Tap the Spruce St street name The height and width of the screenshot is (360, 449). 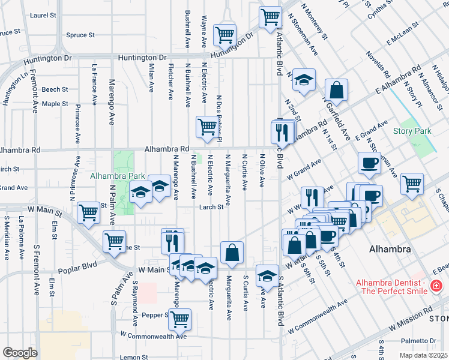[x=80, y=35]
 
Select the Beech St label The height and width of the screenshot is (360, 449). [x=55, y=89]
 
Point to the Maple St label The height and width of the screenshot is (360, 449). [x=55, y=104]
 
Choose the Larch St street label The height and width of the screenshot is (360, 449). [x=212, y=208]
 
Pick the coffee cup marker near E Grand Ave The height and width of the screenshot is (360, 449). [x=369, y=162]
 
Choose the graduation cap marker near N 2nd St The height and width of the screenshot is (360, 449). [x=304, y=80]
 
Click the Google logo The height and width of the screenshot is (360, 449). [x=19, y=353]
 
